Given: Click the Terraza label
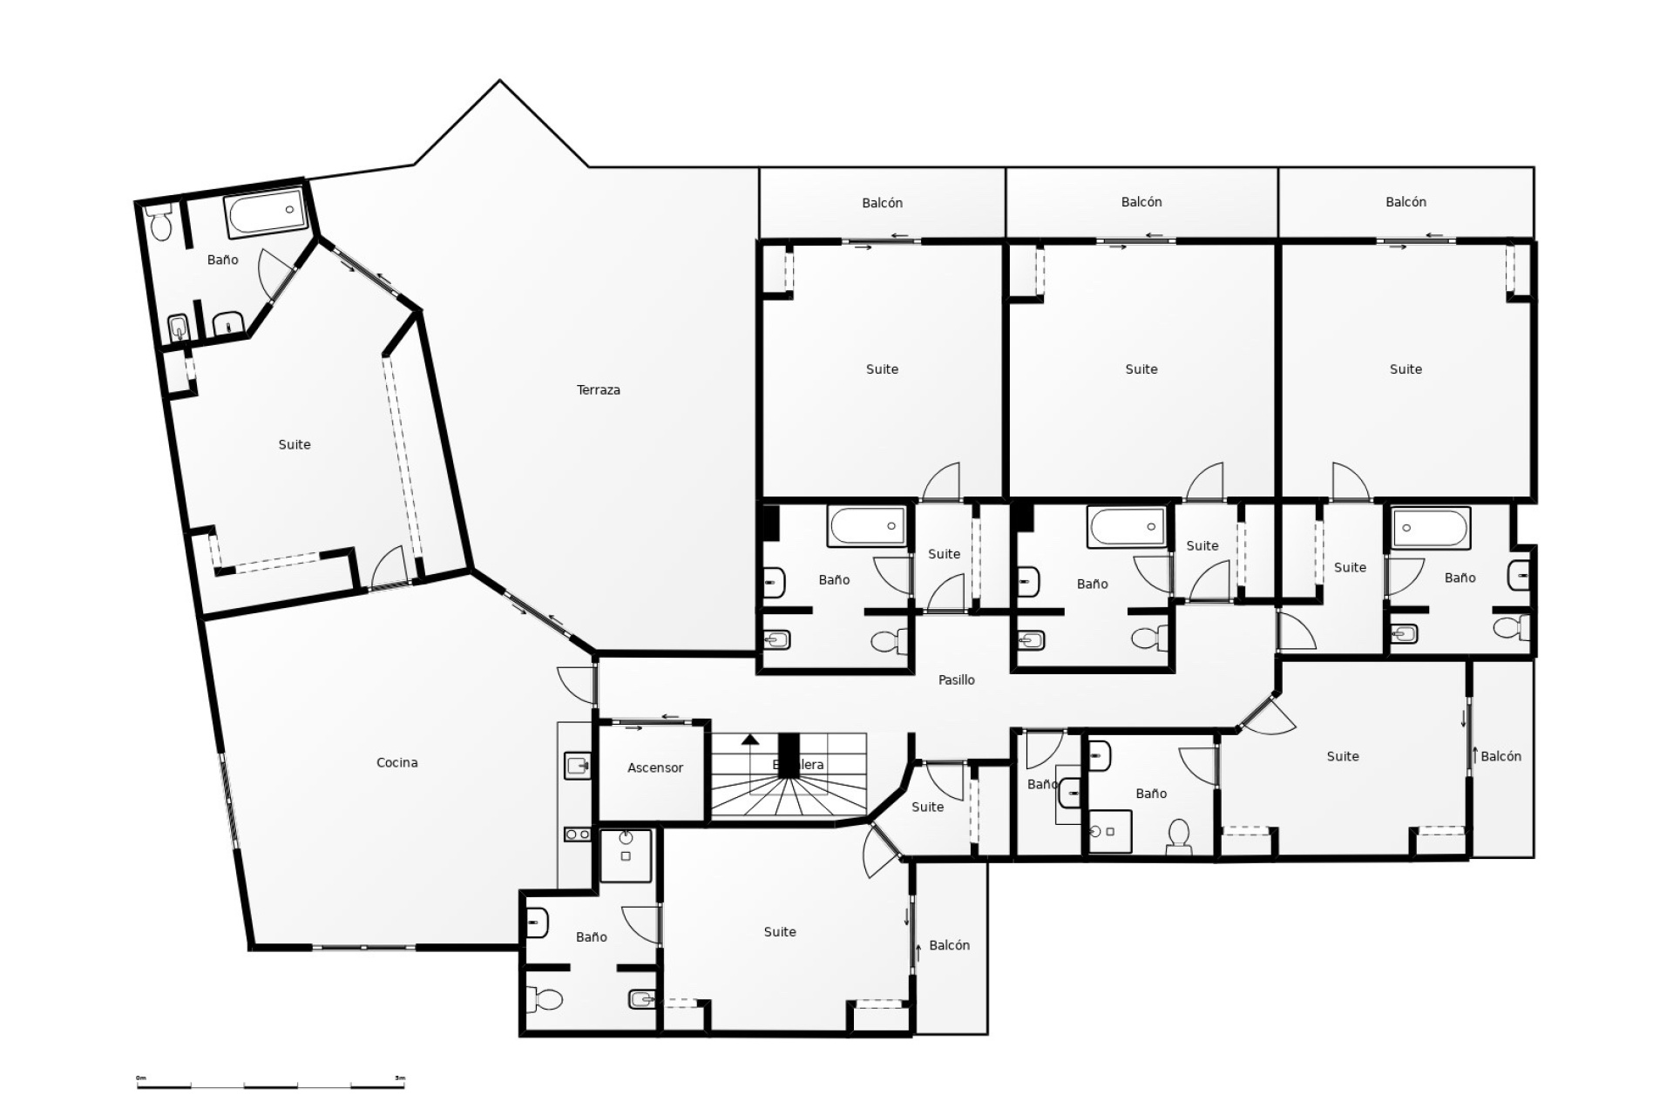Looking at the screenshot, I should (x=598, y=390).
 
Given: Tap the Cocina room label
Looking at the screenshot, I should (x=396, y=763).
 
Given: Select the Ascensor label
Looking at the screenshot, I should (x=654, y=768).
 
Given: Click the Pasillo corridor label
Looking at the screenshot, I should (x=956, y=680).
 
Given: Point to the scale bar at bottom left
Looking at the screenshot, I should (x=270, y=1085).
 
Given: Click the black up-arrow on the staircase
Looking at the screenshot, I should (x=749, y=740).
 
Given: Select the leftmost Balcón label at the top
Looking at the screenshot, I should (x=882, y=203).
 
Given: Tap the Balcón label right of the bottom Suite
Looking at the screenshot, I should (x=949, y=946).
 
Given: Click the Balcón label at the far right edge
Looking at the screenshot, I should (x=1500, y=757).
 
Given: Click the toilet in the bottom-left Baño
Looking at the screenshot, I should (x=546, y=999).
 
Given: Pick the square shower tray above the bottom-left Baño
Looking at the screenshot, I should (x=626, y=855).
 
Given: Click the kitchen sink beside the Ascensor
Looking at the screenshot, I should (x=577, y=766).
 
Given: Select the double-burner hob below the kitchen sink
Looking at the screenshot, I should (x=577, y=835).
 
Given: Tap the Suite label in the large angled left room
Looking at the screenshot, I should (x=294, y=445).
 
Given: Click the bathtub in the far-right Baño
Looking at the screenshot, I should (x=1430, y=528).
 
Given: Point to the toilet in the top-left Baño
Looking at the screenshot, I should (x=159, y=224).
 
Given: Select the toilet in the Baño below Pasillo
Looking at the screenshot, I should (x=1178, y=835).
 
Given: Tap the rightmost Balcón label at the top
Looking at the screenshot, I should (x=1405, y=202).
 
